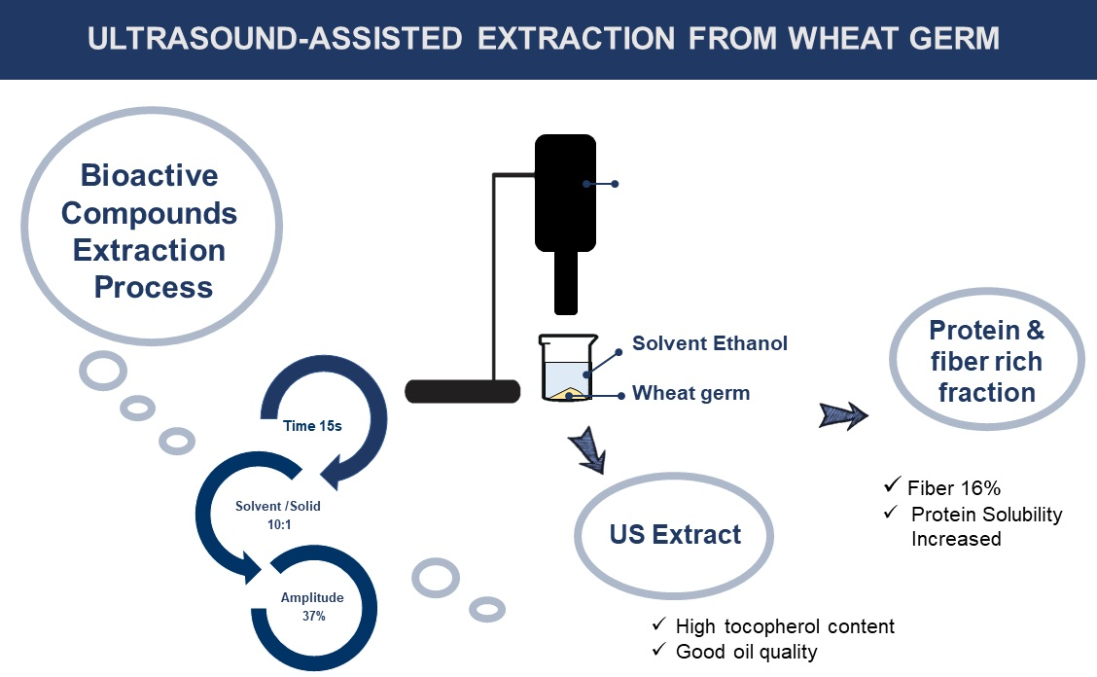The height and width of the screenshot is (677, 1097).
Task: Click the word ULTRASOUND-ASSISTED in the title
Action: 274,39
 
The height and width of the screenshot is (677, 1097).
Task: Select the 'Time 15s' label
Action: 312,426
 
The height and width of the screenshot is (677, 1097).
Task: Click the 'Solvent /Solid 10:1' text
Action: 278,515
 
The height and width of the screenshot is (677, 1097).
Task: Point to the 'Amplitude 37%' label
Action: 312,606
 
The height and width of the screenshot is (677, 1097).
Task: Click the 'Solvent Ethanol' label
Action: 709,343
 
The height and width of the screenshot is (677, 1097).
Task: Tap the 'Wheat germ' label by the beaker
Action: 690,393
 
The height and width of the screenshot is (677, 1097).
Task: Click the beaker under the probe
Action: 567,368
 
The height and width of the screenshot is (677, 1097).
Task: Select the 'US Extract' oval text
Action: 674,534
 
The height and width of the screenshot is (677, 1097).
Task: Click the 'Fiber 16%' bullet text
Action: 954,488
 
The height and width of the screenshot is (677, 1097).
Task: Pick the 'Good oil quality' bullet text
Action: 746,652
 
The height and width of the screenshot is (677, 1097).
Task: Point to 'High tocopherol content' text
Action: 785,625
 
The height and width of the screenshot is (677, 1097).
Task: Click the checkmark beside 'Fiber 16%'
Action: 891,484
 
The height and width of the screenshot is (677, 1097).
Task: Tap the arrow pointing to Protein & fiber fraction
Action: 843,415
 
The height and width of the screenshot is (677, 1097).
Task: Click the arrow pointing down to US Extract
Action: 587,450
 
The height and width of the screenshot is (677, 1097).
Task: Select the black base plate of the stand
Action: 463,391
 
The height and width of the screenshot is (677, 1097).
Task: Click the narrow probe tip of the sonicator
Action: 566,283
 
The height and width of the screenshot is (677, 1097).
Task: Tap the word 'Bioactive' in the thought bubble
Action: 149,175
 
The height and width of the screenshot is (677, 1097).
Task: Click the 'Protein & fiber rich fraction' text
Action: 986,361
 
